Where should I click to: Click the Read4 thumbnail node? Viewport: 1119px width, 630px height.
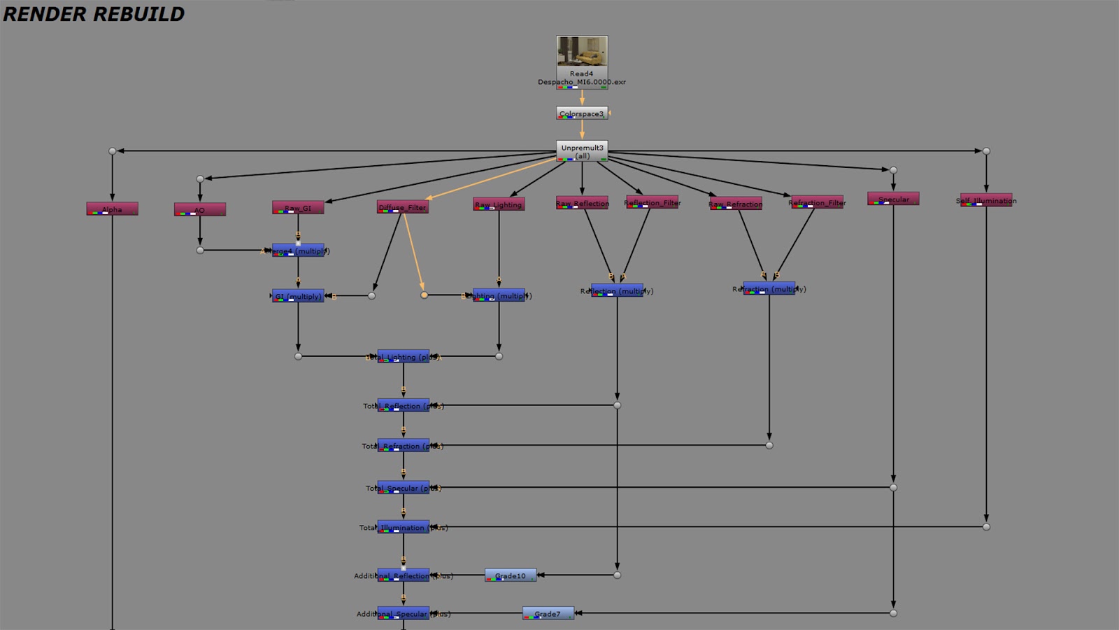coord(582,52)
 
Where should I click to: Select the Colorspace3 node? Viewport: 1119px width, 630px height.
coord(582,113)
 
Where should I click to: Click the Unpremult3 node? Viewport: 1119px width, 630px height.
coord(582,151)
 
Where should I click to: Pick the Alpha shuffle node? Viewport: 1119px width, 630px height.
coord(112,209)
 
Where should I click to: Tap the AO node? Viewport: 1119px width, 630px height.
coord(200,210)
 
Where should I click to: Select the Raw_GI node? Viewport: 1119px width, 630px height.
coord(298,208)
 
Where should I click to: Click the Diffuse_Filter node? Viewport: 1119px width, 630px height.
coord(403,207)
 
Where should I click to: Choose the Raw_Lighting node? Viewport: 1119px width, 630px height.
coord(499,204)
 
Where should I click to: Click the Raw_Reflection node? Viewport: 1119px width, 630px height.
coord(582,203)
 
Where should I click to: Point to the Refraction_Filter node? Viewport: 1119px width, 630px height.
coord(817,202)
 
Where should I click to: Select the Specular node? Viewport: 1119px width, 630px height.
coord(893,199)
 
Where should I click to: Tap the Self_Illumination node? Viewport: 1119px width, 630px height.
coord(986,200)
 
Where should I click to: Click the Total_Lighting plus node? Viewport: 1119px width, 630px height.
coord(404,357)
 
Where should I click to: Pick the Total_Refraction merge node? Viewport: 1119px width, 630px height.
coord(404,446)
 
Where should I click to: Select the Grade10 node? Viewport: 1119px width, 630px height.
coord(511,575)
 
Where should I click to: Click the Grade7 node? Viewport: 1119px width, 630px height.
coord(548,614)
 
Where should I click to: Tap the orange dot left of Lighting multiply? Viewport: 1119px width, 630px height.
coord(424,295)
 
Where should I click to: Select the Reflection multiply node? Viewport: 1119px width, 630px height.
coord(617,290)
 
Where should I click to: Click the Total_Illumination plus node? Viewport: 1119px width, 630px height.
coord(404,527)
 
